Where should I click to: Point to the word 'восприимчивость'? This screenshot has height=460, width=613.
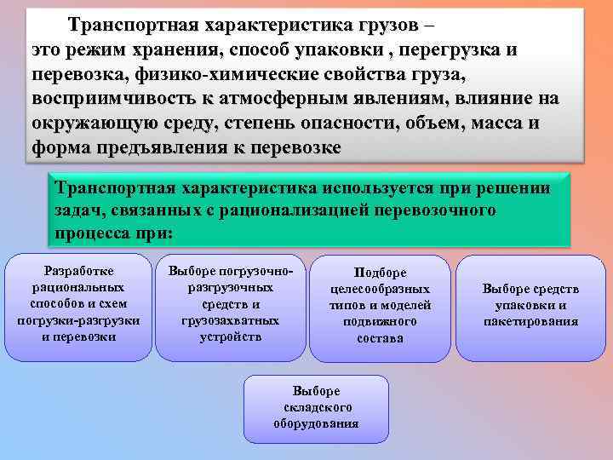113,99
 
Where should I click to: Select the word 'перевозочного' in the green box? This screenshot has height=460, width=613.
438,210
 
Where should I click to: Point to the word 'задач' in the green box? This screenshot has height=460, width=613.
75,210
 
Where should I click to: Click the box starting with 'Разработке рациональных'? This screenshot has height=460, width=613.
78,307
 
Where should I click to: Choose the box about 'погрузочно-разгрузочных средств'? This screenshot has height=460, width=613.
230,307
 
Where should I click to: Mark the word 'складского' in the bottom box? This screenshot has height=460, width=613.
316,407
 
